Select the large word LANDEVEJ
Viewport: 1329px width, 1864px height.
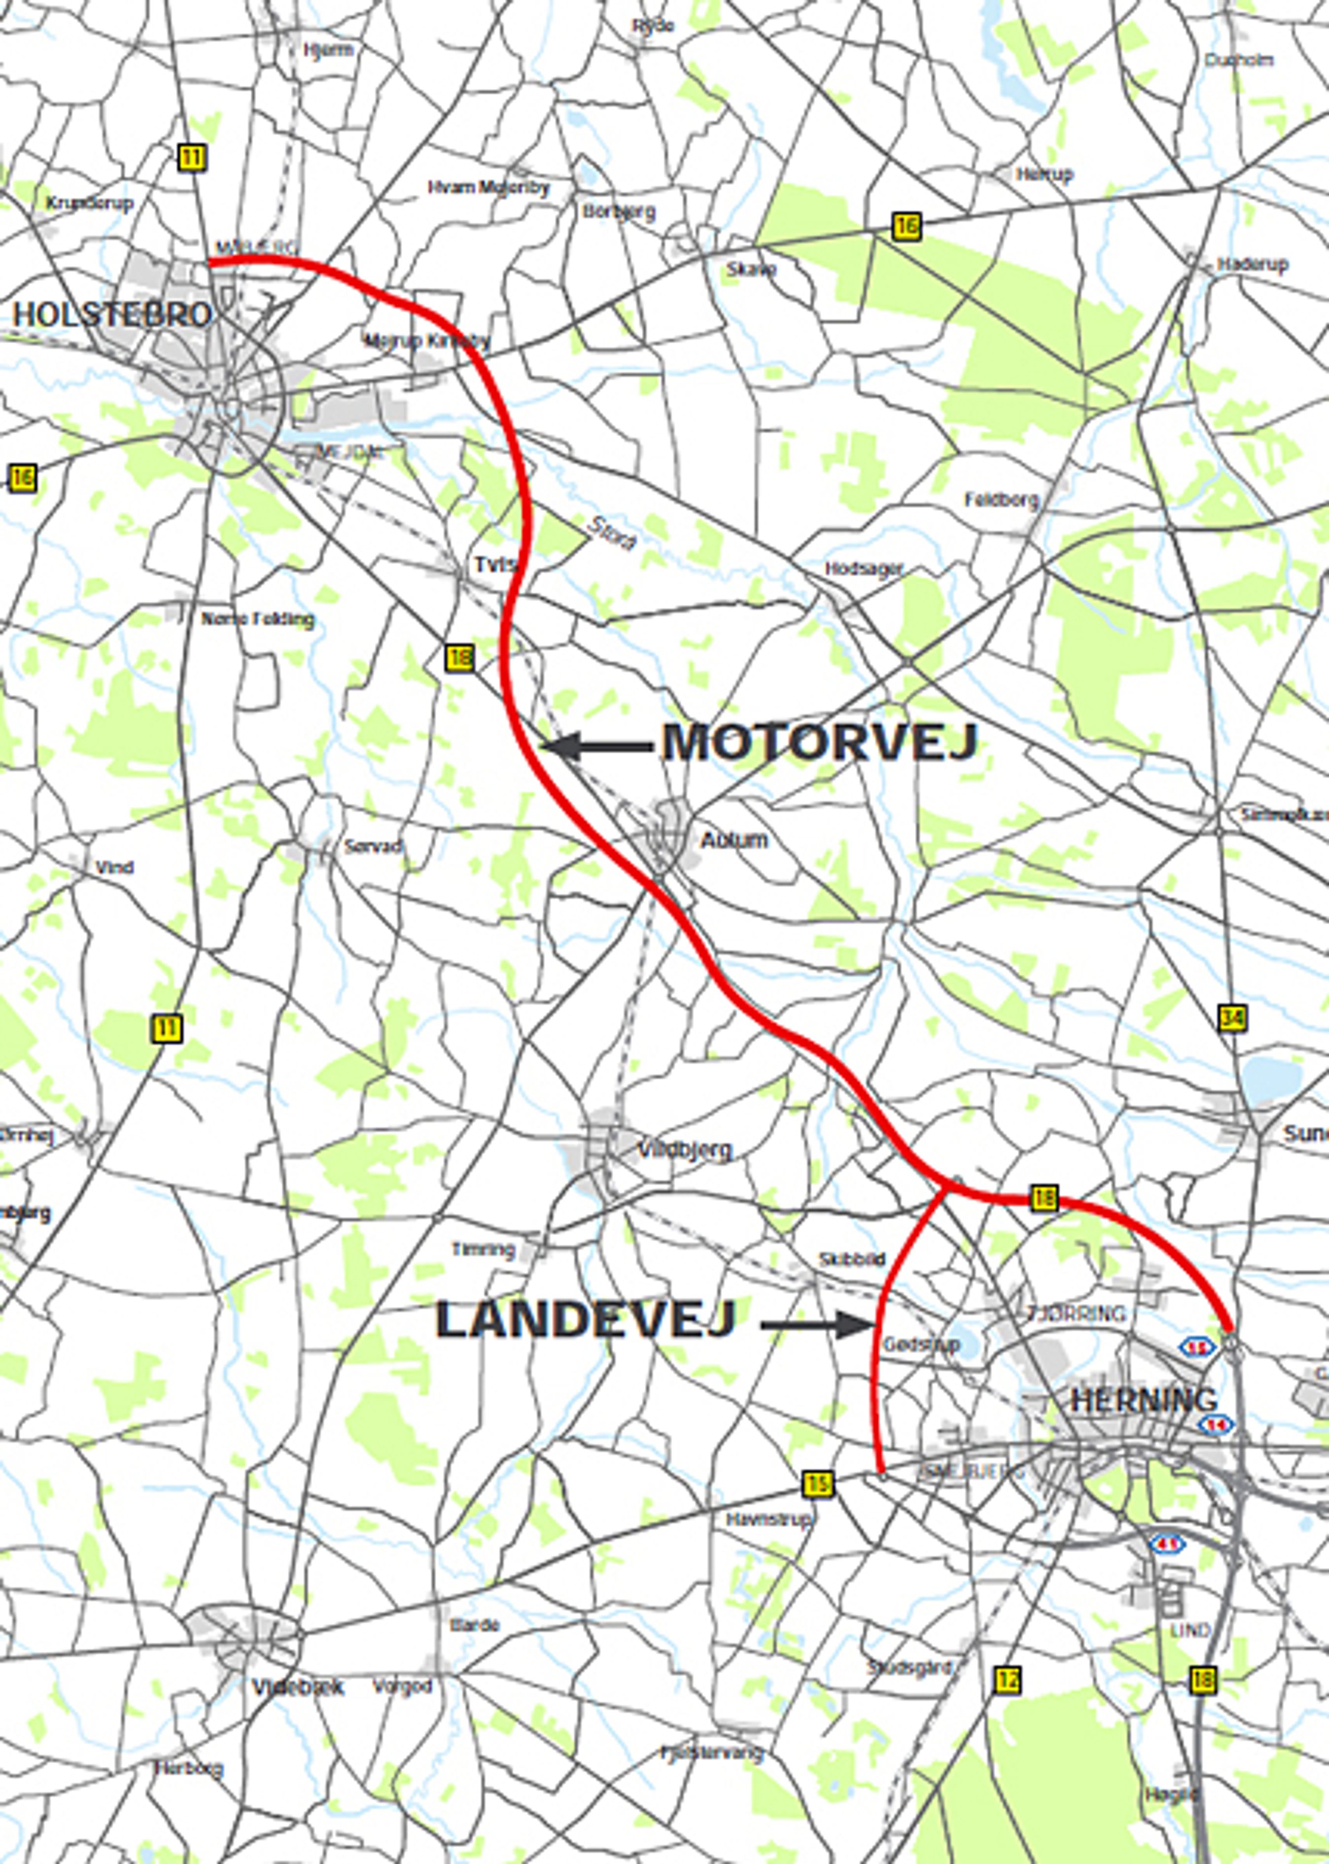point(585,1320)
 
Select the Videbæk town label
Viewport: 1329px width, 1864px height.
point(298,1687)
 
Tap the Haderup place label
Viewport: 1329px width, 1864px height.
point(1252,264)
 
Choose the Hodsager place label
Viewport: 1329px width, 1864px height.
point(863,568)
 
